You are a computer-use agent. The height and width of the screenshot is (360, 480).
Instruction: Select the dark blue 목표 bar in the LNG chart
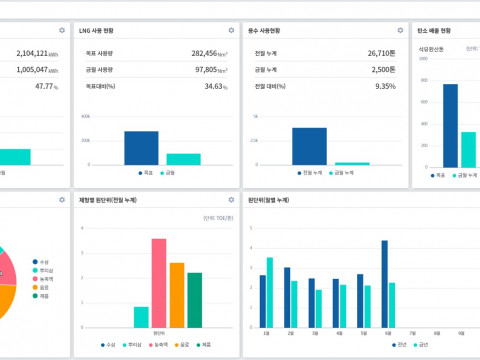pyautogui.click(x=141, y=147)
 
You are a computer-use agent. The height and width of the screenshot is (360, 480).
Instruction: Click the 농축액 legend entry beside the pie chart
pyautogui.click(x=46, y=278)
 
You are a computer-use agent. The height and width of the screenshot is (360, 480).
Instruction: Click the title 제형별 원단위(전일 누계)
pyautogui.click(x=110, y=200)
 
